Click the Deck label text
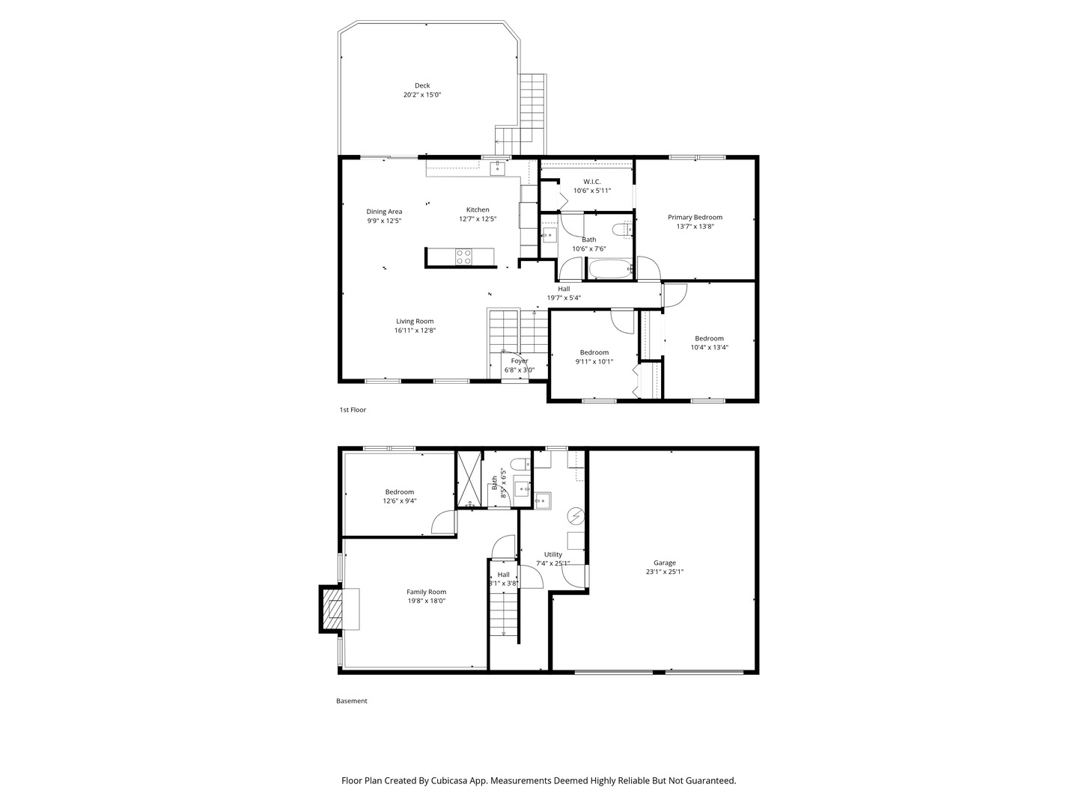click(x=422, y=85)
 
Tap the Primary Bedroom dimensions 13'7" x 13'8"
click(x=695, y=227)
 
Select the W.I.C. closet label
click(x=591, y=182)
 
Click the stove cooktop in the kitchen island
click(x=464, y=257)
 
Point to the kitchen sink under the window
click(x=498, y=168)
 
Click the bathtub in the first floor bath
click(x=610, y=269)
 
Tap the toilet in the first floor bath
click(x=620, y=229)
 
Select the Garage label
click(x=664, y=563)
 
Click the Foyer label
click(x=519, y=361)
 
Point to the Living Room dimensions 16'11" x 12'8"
click(x=415, y=331)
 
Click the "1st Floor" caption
click(x=353, y=410)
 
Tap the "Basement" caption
click(x=351, y=701)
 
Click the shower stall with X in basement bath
click(x=469, y=478)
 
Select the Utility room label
click(x=552, y=554)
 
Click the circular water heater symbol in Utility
click(x=576, y=515)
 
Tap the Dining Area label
click(x=384, y=212)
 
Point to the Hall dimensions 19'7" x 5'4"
click(x=563, y=298)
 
